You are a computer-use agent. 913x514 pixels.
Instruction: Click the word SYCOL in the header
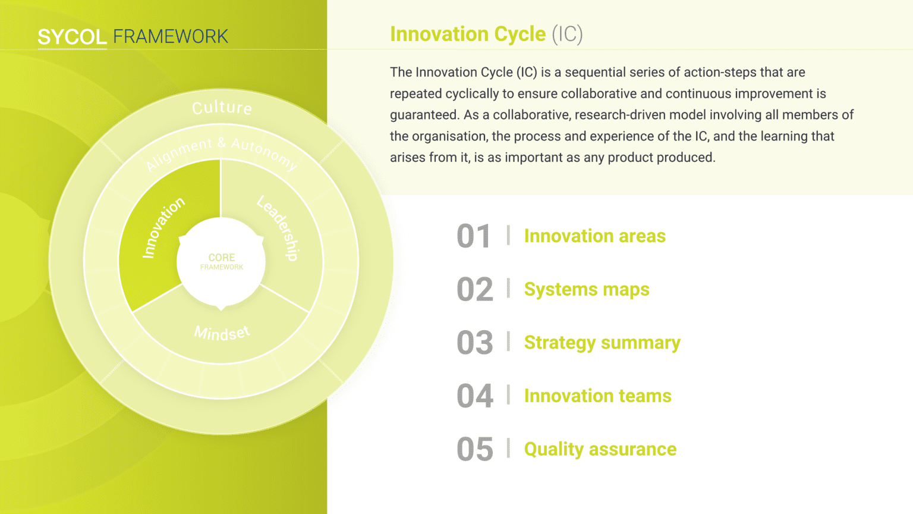pyautogui.click(x=72, y=37)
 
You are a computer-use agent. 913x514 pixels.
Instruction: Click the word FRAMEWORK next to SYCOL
pyautogui.click(x=171, y=37)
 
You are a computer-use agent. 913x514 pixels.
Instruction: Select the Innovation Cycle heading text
pyautogui.click(x=468, y=34)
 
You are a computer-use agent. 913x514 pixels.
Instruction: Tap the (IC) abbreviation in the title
pyautogui.click(x=568, y=35)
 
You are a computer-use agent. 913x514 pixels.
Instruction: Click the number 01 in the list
pyautogui.click(x=474, y=236)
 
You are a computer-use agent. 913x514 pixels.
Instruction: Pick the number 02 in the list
pyautogui.click(x=475, y=290)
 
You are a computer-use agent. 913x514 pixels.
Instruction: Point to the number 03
pyautogui.click(x=475, y=343)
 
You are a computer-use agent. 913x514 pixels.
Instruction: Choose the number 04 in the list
pyautogui.click(x=475, y=396)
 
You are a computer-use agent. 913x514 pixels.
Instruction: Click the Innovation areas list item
pyautogui.click(x=594, y=236)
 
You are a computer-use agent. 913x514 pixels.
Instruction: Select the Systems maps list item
pyautogui.click(x=587, y=290)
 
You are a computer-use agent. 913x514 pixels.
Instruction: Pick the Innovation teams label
pyautogui.click(x=597, y=396)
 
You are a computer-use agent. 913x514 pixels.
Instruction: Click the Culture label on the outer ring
pyautogui.click(x=222, y=108)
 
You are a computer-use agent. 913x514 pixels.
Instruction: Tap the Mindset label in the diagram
pyautogui.click(x=222, y=333)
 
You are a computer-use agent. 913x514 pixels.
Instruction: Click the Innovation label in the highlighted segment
pyautogui.click(x=163, y=228)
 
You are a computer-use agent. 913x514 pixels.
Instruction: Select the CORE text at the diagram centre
pyautogui.click(x=222, y=258)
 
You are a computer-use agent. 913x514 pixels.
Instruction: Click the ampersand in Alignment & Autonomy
pyautogui.click(x=222, y=142)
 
